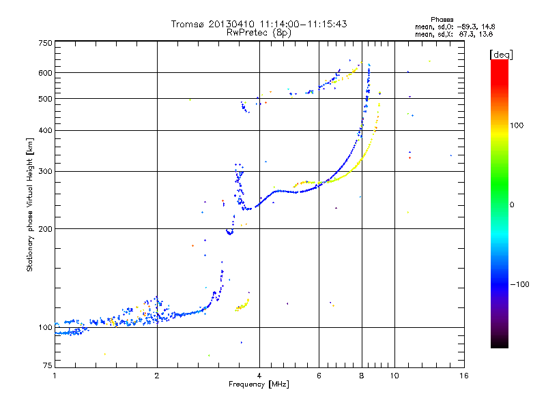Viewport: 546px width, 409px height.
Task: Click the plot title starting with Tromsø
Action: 259,24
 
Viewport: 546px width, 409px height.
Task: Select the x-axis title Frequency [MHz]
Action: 259,384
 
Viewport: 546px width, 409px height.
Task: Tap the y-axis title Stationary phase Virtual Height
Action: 30,204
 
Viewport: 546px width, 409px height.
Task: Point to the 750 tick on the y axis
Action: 46,43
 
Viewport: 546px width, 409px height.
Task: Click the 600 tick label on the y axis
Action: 46,73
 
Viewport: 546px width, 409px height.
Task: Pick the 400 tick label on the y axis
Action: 46,130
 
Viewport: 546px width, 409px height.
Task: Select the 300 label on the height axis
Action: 46,171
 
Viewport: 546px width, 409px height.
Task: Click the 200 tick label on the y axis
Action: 46,228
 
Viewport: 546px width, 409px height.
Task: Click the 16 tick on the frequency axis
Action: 464,375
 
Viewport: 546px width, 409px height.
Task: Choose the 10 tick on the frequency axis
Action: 396,375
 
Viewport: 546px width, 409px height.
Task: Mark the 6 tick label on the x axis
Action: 319,375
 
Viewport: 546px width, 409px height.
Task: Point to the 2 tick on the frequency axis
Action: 157,375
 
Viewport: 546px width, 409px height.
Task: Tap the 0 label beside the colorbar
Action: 512,204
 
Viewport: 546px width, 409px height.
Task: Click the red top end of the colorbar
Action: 499,63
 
